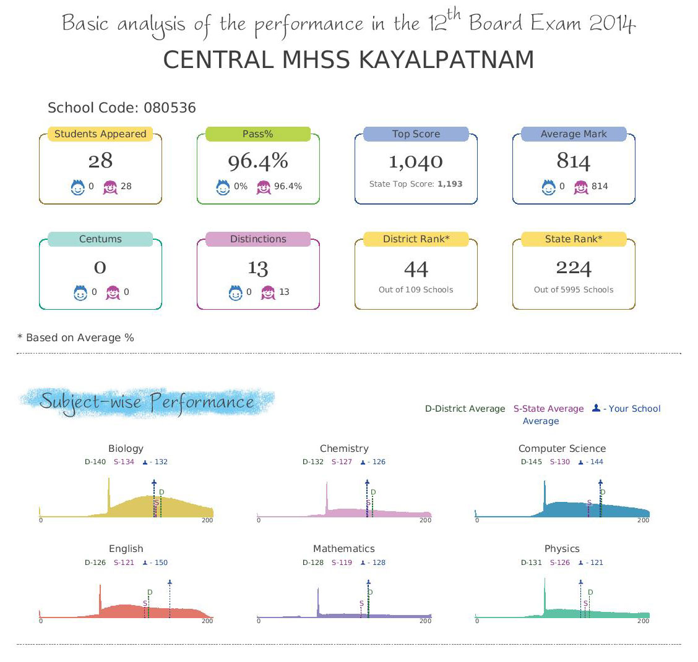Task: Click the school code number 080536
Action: pyautogui.click(x=170, y=108)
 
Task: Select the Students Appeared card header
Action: pyautogui.click(x=100, y=134)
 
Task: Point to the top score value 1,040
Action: pyautogui.click(x=416, y=161)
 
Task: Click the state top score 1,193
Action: pyautogui.click(x=450, y=184)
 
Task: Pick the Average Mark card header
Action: pyautogui.click(x=574, y=134)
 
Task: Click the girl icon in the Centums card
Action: pyautogui.click(x=113, y=292)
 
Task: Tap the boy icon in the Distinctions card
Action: pyautogui.click(x=236, y=292)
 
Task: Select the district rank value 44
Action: pyautogui.click(x=416, y=269)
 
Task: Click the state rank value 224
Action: pyautogui.click(x=574, y=268)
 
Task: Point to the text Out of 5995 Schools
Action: pyautogui.click(x=574, y=290)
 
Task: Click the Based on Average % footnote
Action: pyautogui.click(x=75, y=338)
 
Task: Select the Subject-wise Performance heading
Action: pyautogui.click(x=147, y=402)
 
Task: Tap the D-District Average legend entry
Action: pyautogui.click(x=465, y=409)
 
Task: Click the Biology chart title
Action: pyautogui.click(x=126, y=449)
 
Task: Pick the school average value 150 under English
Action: pyautogui.click(x=161, y=562)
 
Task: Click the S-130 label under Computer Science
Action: pyautogui.click(x=560, y=462)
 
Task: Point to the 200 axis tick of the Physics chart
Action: pyautogui.click(x=644, y=621)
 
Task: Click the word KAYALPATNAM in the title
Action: pyautogui.click(x=447, y=60)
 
